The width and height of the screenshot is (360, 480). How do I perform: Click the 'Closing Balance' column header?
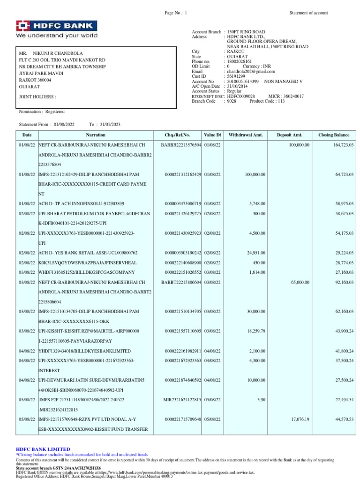coord(334,135)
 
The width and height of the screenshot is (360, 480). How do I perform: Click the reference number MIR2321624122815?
coord(182,400)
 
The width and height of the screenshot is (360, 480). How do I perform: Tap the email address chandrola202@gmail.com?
coord(251,72)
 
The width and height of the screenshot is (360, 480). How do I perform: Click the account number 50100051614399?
coord(242,82)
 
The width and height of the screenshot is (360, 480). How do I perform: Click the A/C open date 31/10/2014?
coord(237,86)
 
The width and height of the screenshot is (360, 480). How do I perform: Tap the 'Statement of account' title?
coord(309,13)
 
